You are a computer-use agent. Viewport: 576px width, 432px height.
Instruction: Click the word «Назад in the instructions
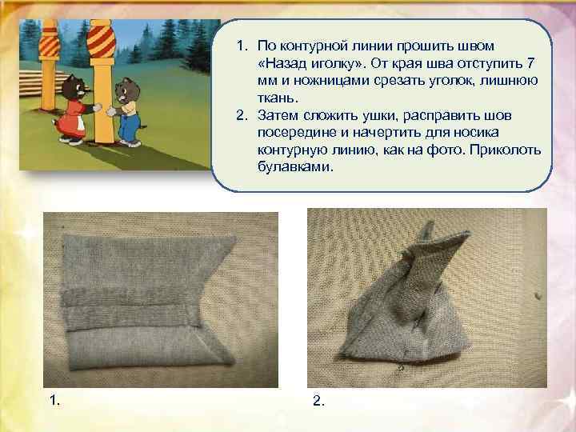click(285, 63)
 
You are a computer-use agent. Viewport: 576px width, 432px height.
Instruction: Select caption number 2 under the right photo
click(318, 402)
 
